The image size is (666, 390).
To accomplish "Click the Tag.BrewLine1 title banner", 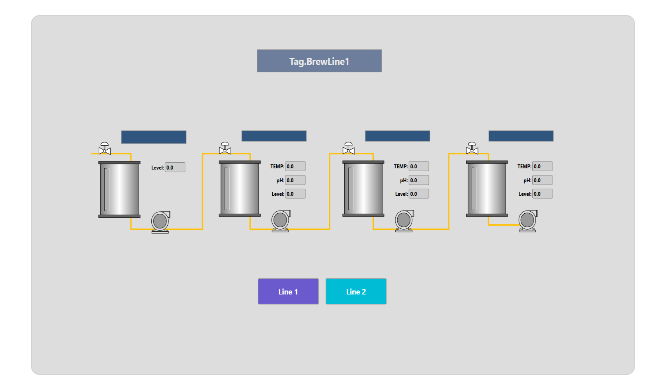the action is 319,61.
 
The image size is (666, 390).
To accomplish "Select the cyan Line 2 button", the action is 356,291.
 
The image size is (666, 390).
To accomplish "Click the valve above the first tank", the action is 105,148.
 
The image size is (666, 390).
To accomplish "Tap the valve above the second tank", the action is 225,148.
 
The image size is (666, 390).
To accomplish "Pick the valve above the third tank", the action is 348,148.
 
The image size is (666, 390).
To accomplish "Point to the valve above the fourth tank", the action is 472,148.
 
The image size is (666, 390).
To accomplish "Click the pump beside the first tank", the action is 160,222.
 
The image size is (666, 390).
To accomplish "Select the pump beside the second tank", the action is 281,221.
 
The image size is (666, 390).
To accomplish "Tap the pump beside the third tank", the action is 404,221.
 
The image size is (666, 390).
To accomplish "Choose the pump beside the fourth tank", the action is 528,221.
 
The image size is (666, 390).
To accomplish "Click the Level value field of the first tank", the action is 175,168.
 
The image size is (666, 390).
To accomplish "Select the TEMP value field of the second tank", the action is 295,166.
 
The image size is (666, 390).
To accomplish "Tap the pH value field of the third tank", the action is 419,180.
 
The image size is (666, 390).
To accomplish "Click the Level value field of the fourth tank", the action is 542,194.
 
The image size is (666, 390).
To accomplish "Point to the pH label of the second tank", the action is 280,180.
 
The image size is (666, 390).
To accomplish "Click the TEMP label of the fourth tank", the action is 524,166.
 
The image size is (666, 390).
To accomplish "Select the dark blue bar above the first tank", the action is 154,137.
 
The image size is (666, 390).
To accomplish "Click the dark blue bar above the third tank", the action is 398,136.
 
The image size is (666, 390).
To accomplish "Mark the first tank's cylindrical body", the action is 119,189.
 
